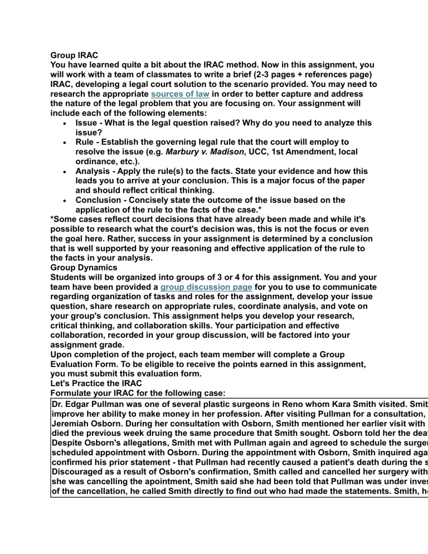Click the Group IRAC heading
[x=74, y=55]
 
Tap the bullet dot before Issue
[x=65, y=123]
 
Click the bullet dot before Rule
[x=65, y=142]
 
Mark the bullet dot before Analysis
[x=65, y=171]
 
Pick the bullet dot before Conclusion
[x=65, y=200]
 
